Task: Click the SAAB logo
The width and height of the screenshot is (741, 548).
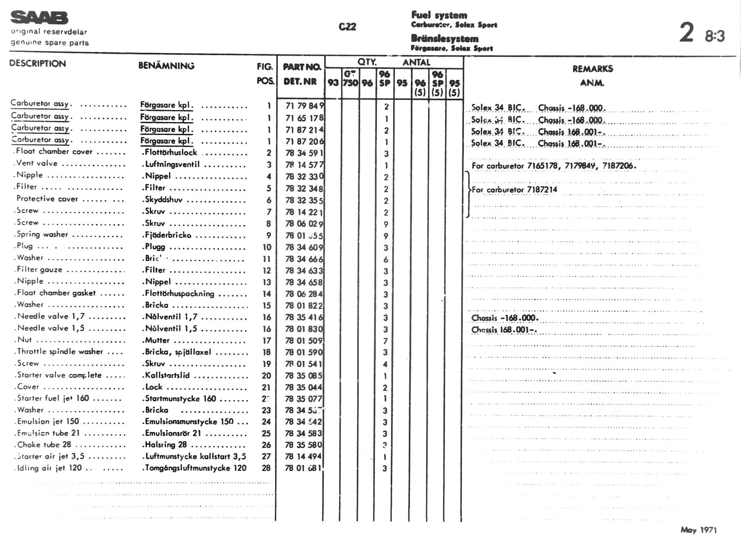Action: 39,18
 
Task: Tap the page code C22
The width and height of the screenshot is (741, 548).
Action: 347,27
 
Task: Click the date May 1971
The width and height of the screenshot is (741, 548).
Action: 698,530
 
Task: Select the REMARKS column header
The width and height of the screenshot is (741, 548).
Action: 592,69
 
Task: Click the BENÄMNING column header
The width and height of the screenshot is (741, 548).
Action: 166,66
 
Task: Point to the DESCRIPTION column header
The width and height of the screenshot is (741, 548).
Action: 37,64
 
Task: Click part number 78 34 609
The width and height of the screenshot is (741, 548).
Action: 304,247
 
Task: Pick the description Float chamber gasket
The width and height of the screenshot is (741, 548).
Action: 56,293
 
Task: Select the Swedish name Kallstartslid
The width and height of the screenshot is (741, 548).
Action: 167,375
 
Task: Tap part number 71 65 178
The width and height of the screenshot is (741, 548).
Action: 304,118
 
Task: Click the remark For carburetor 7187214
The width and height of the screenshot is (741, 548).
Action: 514,190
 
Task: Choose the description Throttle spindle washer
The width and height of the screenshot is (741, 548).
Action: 60,351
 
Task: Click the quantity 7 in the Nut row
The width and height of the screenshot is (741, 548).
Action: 385,341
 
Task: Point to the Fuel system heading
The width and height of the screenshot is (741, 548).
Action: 439,15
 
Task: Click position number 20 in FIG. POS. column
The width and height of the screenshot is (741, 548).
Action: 266,376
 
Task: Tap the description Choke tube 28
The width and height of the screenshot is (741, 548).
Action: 44,445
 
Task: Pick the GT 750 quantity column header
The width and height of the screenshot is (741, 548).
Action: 350,79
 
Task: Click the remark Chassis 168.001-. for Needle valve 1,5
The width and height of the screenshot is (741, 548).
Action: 504,330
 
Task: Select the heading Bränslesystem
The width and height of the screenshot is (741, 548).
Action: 445,39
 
